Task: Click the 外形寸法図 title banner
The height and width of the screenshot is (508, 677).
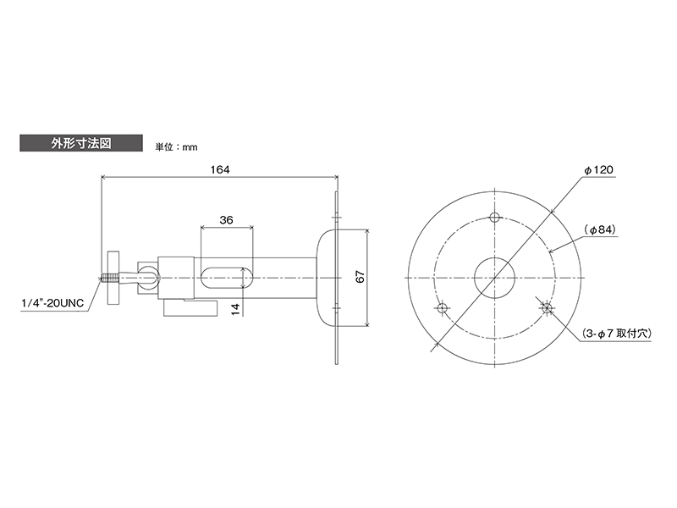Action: (x=81, y=143)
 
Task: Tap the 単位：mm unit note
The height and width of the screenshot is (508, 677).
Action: (x=176, y=147)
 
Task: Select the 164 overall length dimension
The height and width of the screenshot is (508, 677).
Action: (x=220, y=169)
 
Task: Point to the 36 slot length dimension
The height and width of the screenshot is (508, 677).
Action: (x=226, y=220)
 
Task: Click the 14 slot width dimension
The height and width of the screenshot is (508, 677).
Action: (x=235, y=309)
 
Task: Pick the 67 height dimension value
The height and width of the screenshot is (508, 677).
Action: (x=361, y=277)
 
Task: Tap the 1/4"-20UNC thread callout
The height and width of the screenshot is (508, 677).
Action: (x=52, y=303)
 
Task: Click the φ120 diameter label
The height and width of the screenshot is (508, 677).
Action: (x=599, y=170)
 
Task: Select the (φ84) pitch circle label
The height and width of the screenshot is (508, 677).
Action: (x=600, y=230)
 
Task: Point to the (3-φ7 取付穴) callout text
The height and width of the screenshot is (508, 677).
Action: (x=616, y=334)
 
